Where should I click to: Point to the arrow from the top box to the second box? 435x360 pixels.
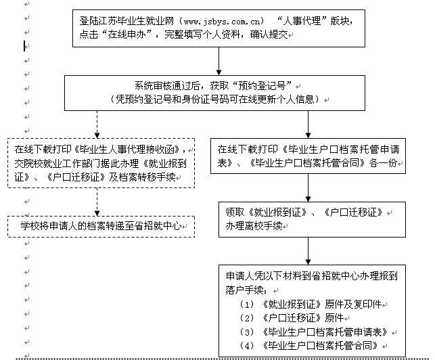tap(219, 60)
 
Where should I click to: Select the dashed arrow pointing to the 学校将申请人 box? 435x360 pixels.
tap(97, 202)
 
